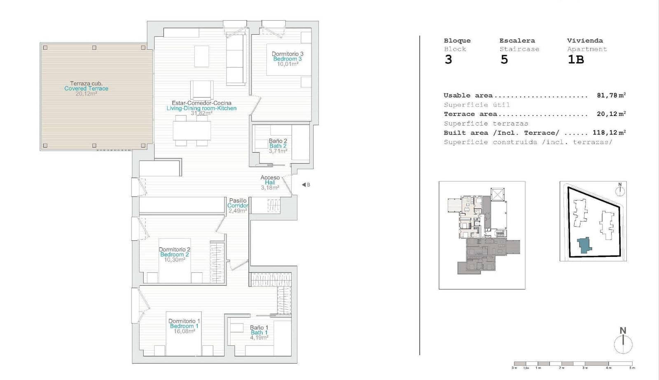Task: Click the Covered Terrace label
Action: pos(86,89)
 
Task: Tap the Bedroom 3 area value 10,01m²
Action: pos(287,64)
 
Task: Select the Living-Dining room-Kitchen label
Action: pos(201,108)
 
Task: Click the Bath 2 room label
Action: pos(278,146)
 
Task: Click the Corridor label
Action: pos(238,205)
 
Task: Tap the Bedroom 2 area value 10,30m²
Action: pos(174,260)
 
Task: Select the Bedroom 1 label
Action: pos(184,326)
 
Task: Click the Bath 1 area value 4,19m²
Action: pos(259,338)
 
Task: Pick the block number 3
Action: pos(448,60)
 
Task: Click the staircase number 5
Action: pos(504,60)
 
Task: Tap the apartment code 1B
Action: pos(575,60)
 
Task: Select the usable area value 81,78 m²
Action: pos(611,95)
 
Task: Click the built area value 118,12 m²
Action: pos(609,133)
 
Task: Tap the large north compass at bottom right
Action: pos(623,343)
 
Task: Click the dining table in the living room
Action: pos(192,130)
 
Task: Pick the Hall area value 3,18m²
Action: pos(270,188)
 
